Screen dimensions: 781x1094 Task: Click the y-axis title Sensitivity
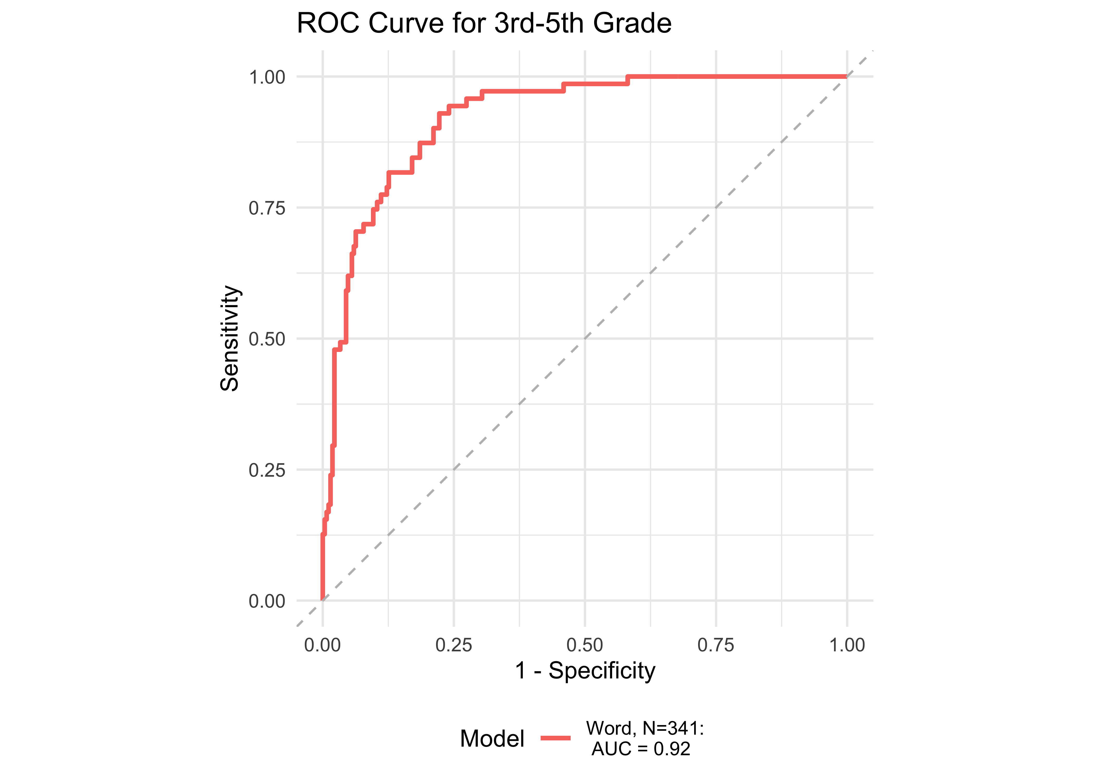[229, 338]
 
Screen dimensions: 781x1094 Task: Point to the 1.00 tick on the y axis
[267, 77]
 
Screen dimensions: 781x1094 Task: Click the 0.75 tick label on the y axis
[267, 208]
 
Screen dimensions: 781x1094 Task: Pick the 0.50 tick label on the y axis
[267, 339]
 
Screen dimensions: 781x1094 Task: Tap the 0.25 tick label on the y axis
[267, 470]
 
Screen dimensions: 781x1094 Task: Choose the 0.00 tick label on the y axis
[267, 601]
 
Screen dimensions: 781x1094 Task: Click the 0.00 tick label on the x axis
[322, 645]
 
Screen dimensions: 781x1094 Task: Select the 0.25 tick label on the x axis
[454, 645]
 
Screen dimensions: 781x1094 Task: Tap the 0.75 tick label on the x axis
[716, 645]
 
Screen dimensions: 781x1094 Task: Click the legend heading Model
[492, 739]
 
